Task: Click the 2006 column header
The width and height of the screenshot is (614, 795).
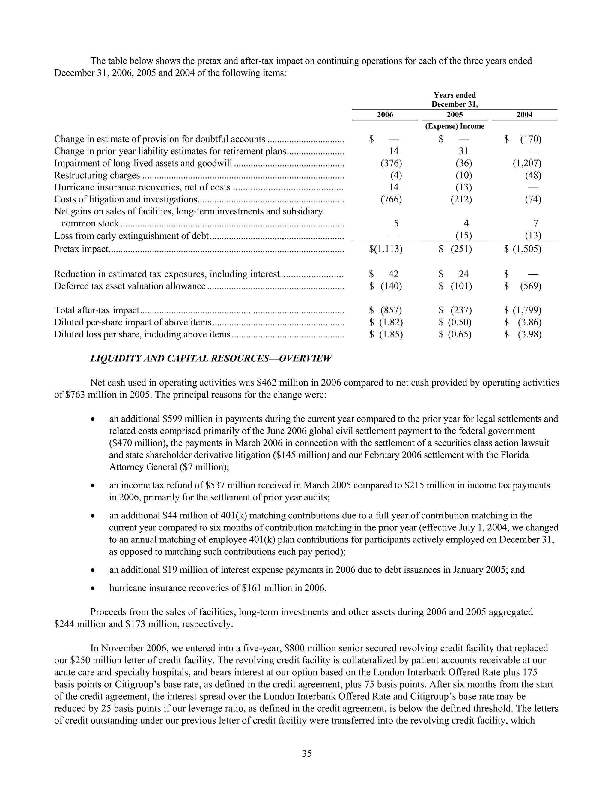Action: [x=385, y=115]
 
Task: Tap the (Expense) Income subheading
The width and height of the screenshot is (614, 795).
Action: [x=455, y=126]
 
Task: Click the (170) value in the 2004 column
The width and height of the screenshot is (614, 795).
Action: [x=530, y=139]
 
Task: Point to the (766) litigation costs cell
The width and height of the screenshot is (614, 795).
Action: [x=391, y=199]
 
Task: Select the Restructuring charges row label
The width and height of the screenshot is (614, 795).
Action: [x=97, y=175]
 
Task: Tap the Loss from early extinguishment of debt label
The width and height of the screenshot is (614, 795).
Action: [x=131, y=236]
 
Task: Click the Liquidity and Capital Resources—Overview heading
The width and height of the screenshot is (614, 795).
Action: [x=211, y=358]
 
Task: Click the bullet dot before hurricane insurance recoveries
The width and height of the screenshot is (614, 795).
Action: [x=94, y=588]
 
